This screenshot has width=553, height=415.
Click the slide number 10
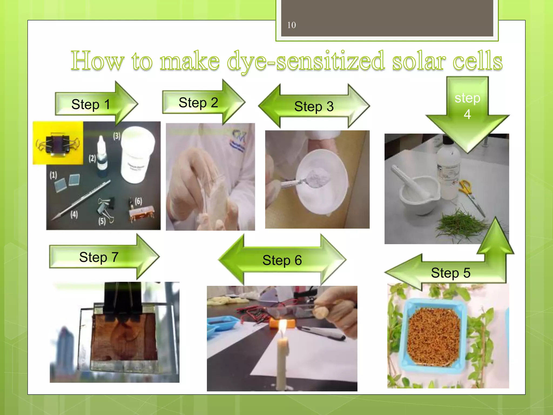point(291,25)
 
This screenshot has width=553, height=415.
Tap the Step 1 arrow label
point(91,104)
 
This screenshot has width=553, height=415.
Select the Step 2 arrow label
point(198,103)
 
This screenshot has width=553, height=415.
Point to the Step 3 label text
point(314,106)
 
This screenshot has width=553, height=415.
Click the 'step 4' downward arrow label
point(467,106)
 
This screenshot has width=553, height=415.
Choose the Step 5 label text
point(450,273)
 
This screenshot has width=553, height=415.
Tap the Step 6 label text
point(282,260)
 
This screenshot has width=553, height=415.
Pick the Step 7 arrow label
point(99,257)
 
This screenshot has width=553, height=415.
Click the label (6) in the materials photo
point(138,201)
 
